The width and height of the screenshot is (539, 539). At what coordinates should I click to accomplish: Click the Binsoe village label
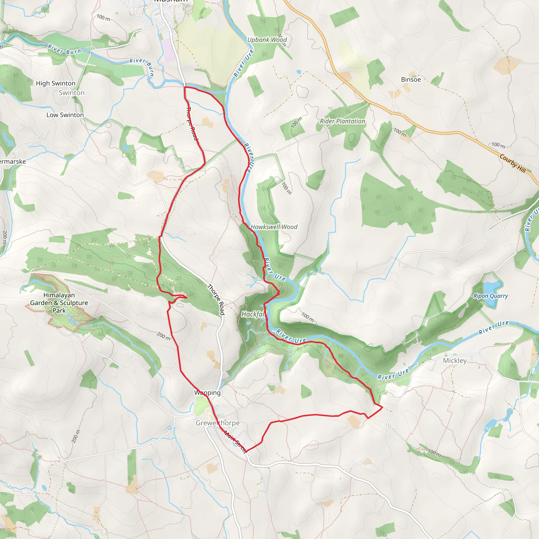click(411, 79)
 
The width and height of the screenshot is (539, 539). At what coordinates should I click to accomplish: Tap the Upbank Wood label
click(267, 40)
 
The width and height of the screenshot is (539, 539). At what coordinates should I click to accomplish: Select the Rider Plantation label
click(342, 121)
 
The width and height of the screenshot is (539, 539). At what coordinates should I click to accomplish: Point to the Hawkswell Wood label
click(274, 227)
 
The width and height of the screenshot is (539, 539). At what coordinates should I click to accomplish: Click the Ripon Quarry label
click(491, 296)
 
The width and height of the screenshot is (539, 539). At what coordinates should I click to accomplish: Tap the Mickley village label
click(455, 361)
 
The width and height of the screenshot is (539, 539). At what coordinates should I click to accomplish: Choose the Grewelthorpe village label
click(218, 423)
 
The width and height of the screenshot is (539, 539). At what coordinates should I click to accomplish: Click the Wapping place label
click(207, 393)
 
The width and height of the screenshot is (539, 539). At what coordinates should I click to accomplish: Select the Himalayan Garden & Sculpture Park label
click(59, 303)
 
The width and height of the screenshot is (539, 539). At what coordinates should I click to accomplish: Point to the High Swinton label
click(56, 83)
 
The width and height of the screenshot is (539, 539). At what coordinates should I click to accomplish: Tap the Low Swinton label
click(65, 115)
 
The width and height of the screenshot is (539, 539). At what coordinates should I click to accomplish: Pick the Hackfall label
click(253, 315)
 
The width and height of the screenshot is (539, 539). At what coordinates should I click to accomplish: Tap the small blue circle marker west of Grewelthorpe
click(169, 428)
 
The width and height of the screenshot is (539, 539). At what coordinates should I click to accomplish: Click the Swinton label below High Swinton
click(71, 93)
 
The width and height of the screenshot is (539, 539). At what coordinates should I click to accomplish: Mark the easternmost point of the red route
click(382, 408)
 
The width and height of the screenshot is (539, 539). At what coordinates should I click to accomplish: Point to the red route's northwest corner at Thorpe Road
click(185, 87)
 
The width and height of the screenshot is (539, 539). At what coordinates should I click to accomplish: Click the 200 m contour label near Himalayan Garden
click(163, 336)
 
